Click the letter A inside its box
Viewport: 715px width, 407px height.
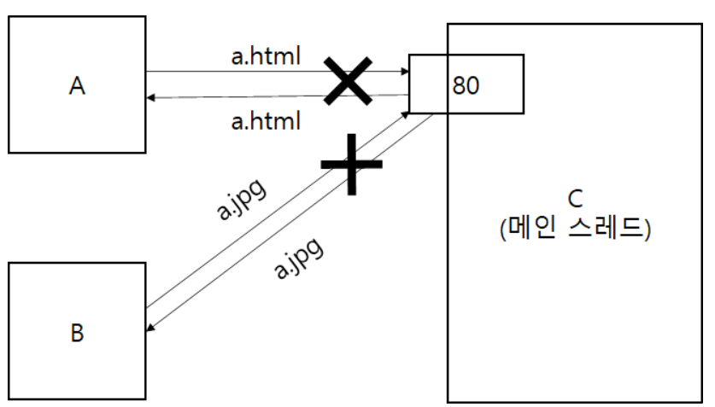tap(77, 86)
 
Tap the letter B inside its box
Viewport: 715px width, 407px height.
tap(77, 332)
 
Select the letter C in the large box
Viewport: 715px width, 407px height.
tap(574, 199)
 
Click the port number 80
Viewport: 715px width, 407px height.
tap(466, 86)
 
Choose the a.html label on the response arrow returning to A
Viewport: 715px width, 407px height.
tap(266, 121)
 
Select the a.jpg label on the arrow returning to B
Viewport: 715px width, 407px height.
tap(298, 257)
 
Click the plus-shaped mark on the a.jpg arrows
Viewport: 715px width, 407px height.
tap(350, 165)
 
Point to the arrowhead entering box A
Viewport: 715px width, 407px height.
tap(151, 98)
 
